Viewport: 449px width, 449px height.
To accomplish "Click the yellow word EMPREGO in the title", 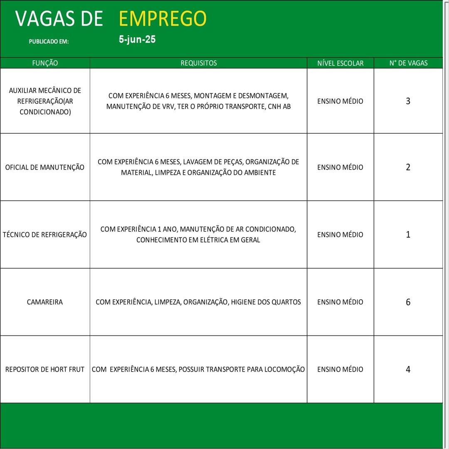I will [x=163, y=19].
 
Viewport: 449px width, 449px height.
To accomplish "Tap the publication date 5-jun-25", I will [x=137, y=40].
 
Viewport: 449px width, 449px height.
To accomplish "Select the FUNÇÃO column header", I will [x=45, y=63].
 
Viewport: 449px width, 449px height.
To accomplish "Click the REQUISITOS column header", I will [x=198, y=63].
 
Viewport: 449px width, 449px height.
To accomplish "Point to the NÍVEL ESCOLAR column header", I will [x=340, y=63].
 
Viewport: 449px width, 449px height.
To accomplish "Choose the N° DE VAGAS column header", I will [x=408, y=63].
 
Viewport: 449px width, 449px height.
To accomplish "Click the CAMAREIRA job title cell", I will [x=45, y=302].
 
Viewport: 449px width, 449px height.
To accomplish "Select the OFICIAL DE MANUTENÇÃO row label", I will [x=45, y=168].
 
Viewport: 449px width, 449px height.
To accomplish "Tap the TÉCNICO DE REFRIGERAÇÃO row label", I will [x=45, y=235].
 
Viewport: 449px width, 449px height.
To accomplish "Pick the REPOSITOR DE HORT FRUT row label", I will [x=45, y=370].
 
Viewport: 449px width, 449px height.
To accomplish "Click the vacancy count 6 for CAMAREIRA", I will [x=408, y=302].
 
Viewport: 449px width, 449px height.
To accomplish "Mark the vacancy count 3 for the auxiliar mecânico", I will [x=408, y=101].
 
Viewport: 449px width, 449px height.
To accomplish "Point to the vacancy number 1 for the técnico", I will [x=408, y=235].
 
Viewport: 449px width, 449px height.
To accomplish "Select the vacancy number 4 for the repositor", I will [x=408, y=370].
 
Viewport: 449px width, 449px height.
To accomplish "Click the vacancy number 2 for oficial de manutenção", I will [x=408, y=168].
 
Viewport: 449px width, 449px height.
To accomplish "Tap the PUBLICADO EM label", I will [x=49, y=42].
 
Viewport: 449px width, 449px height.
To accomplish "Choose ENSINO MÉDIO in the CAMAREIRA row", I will [x=340, y=302].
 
